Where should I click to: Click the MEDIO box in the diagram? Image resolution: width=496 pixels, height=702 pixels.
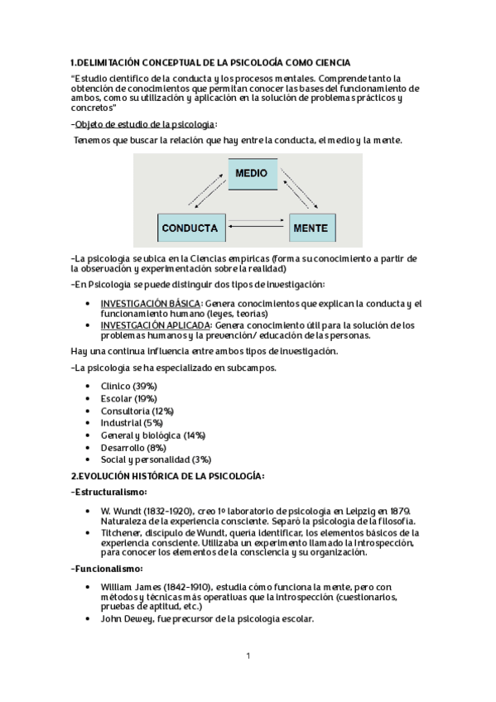coord(251,174)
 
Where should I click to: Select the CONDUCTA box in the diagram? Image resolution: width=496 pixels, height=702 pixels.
coord(190,228)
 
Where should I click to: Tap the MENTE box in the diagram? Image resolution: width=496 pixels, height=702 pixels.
coord(311,228)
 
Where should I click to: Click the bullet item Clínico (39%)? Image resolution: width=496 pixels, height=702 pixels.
coord(128,387)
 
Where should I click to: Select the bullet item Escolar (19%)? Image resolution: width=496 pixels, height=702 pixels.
coord(128,398)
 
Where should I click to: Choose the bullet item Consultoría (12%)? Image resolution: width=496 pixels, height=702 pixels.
coord(137,411)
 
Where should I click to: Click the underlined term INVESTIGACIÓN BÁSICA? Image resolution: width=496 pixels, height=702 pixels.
coord(150,304)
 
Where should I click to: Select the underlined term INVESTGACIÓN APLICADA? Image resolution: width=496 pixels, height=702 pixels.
coord(155,325)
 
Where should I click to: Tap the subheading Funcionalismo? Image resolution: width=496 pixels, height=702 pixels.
coord(108,569)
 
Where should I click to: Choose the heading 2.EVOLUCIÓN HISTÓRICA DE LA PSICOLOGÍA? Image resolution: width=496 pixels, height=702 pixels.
coord(167,475)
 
